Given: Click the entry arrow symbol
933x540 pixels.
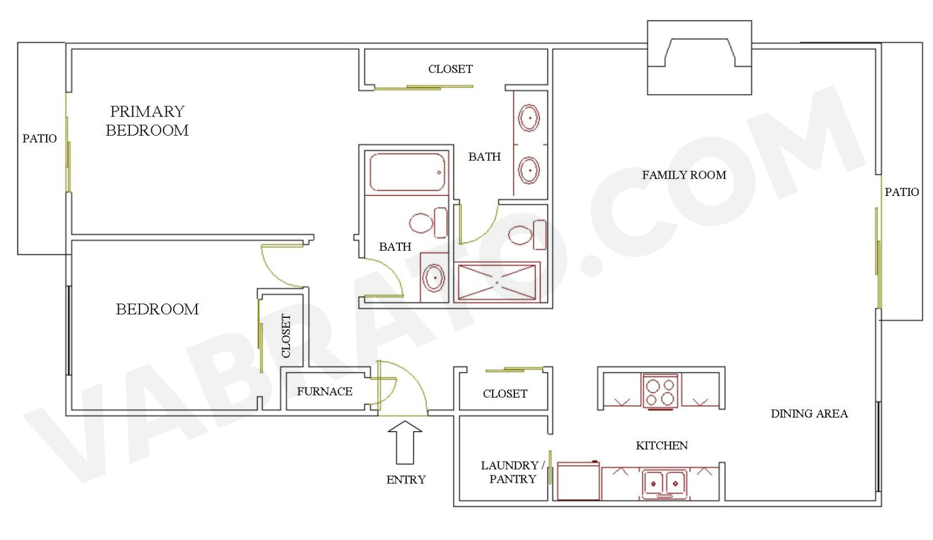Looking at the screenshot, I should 405,442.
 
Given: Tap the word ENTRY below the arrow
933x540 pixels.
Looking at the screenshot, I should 406,480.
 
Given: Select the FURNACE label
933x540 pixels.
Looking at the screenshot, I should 324,391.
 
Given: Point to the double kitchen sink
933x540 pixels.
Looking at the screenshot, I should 664,483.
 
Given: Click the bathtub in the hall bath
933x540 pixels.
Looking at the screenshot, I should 407,172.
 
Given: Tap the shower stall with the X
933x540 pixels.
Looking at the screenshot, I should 496,282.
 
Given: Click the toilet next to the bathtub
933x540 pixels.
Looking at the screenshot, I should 429,223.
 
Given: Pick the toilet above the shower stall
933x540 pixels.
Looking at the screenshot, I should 527,235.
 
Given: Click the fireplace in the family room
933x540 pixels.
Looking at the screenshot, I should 699,58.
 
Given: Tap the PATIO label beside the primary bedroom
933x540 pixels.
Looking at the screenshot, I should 39,139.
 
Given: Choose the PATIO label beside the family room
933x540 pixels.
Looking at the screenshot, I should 901,192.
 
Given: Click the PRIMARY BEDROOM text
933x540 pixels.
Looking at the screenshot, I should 147,121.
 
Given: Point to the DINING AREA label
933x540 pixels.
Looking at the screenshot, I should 809,414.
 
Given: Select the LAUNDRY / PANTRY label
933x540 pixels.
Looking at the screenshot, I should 512,472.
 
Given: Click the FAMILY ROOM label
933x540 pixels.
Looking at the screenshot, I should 684,175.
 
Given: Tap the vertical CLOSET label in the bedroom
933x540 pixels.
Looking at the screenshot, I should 286,336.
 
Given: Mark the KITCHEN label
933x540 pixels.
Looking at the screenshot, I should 661,445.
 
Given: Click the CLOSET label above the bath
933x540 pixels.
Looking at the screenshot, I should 450,69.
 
